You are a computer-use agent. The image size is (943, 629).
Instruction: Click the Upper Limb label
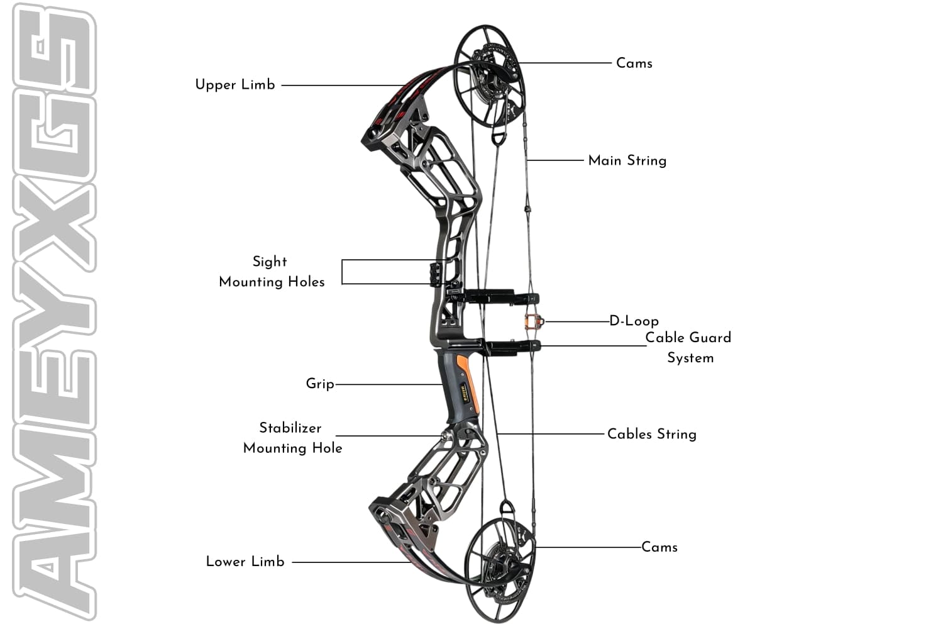click(x=235, y=84)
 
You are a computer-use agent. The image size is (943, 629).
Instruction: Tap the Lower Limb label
click(x=245, y=561)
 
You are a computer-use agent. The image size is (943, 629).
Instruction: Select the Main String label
click(x=627, y=160)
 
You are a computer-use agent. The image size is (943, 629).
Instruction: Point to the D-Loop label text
click(x=634, y=321)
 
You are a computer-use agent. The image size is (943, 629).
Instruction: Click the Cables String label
click(x=651, y=434)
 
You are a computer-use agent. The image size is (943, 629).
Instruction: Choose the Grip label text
click(x=319, y=383)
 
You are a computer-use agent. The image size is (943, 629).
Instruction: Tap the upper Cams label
click(x=634, y=63)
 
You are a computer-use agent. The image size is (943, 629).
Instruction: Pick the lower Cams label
click(x=659, y=547)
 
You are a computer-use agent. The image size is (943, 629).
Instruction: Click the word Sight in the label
click(x=270, y=261)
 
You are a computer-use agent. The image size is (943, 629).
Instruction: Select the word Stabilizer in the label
click(x=290, y=428)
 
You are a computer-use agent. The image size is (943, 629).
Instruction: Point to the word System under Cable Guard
click(x=690, y=358)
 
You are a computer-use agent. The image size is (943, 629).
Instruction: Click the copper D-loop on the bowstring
click(x=532, y=321)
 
